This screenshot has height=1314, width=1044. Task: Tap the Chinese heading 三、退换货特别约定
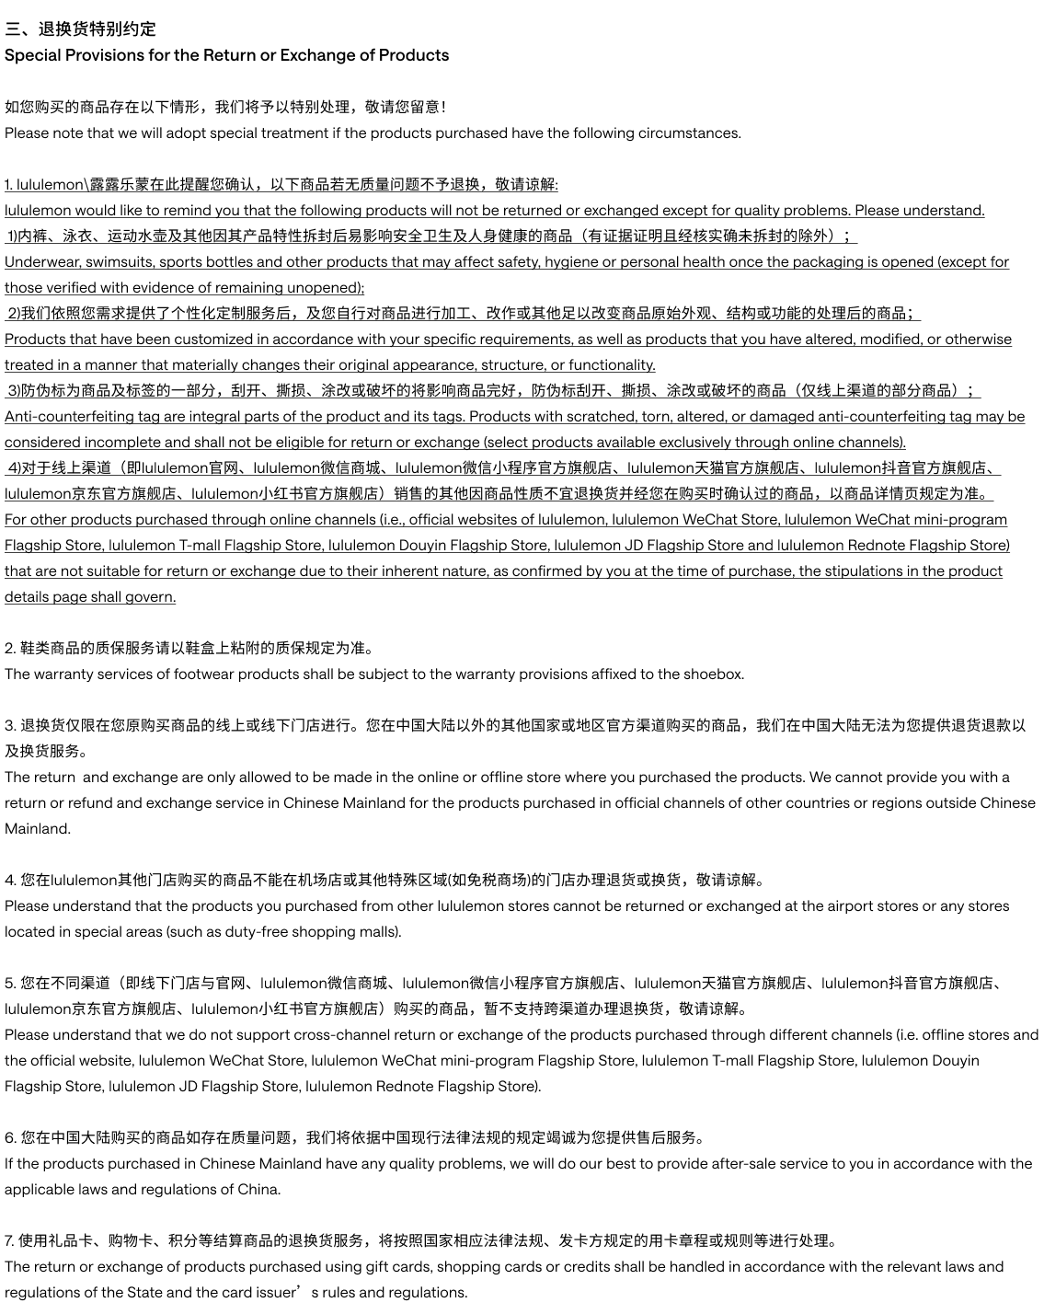coord(80,29)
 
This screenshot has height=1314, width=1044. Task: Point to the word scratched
coord(599,417)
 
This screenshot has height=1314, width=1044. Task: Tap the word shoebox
coord(713,674)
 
